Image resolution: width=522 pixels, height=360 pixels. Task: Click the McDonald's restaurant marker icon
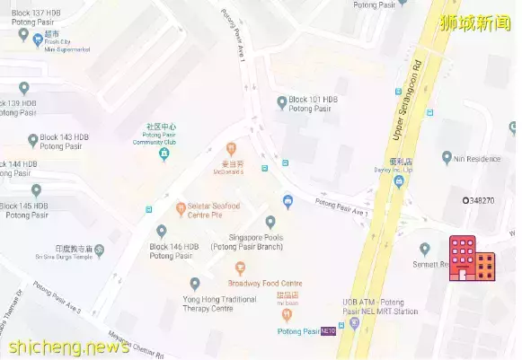[231, 148]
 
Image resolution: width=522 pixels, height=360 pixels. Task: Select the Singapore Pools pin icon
[270, 222]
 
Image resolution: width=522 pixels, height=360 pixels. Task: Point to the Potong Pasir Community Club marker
[164, 155]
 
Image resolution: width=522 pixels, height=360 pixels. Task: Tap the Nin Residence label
[477, 159]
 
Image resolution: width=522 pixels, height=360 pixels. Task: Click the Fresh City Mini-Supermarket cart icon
[37, 40]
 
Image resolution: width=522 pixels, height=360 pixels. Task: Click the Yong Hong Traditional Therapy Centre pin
[195, 284]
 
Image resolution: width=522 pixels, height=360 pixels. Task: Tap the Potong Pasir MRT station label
[299, 331]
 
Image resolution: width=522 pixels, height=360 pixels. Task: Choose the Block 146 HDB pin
[162, 231]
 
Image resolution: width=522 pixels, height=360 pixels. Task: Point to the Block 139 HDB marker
[24, 88]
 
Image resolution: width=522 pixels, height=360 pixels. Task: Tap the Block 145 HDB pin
[37, 190]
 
